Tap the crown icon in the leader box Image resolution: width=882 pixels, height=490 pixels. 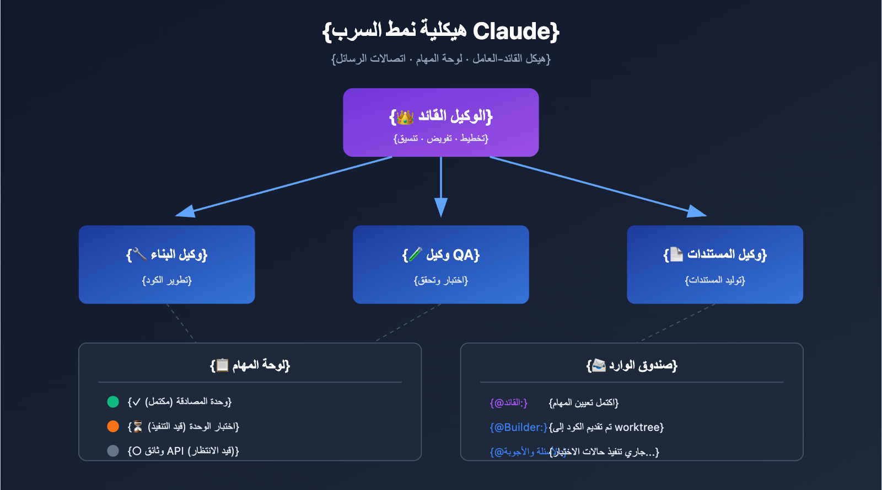coord(405,117)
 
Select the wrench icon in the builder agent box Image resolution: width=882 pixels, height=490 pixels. coord(140,254)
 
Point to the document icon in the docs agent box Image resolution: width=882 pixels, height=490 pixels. coord(676,254)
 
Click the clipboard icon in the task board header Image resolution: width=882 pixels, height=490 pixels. coord(222,365)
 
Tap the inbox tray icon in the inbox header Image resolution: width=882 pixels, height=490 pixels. coord(599,365)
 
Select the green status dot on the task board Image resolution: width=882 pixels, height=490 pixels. coord(113,402)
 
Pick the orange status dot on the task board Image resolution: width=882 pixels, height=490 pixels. coord(113,427)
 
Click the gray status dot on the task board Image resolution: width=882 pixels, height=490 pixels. coord(113,451)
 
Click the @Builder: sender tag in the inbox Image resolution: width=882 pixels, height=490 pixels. coord(519,428)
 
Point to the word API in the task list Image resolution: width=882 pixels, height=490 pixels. coord(175,451)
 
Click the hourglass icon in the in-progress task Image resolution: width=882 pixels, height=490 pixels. coord(138,427)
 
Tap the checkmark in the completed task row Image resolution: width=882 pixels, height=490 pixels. coord(137,402)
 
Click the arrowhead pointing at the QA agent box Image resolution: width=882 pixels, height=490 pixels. coord(441,208)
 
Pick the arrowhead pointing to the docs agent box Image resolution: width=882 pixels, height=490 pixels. coord(697,211)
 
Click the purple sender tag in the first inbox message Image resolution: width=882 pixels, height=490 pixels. coord(509,403)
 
